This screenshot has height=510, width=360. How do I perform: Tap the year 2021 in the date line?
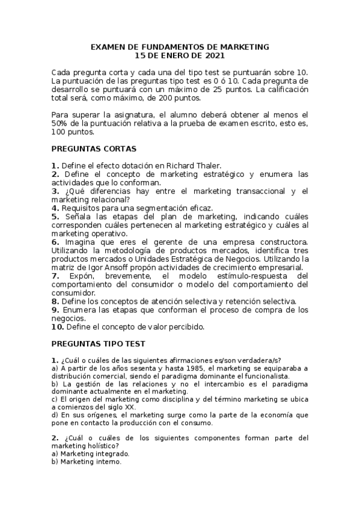[214, 55]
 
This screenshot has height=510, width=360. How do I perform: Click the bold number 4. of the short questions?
[55, 207]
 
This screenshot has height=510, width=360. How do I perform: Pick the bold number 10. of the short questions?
[58, 327]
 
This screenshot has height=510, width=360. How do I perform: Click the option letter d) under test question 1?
[55, 415]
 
